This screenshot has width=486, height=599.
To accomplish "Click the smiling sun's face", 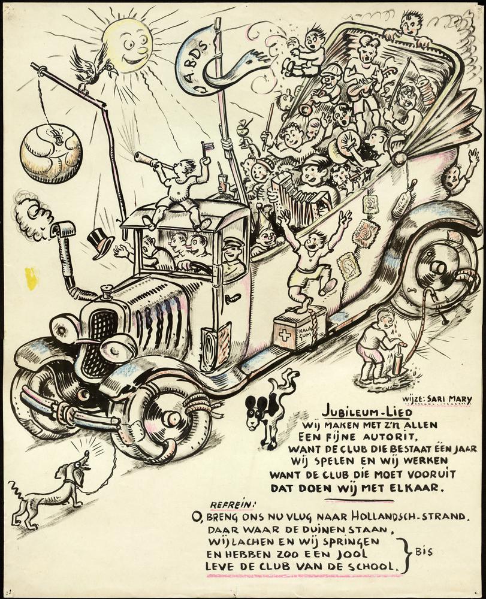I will click(127, 45).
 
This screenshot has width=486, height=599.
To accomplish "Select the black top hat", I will click(101, 242).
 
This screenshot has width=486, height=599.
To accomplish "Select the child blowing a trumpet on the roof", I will click(177, 186).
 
